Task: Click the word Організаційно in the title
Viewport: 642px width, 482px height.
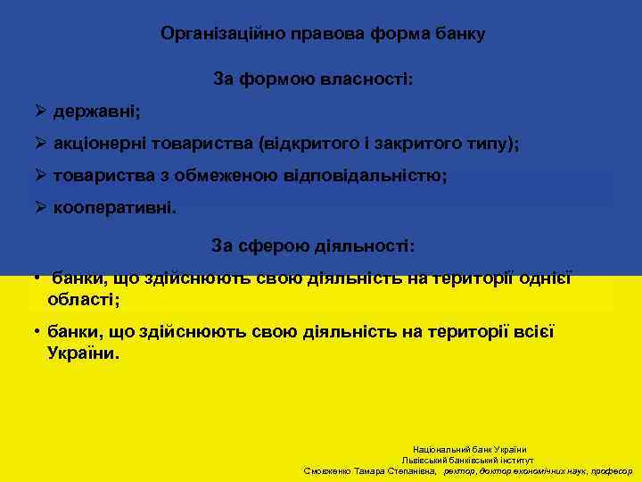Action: pos(210,34)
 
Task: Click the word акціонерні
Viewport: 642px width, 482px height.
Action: pos(101,143)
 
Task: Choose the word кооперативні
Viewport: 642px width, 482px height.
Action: pos(115,207)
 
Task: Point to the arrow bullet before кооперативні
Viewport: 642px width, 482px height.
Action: pos(40,207)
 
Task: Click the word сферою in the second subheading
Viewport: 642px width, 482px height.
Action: pos(271,245)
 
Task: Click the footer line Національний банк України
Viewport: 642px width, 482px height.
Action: pos(469,449)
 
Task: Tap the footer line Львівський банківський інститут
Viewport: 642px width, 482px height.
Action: pos(467,460)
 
